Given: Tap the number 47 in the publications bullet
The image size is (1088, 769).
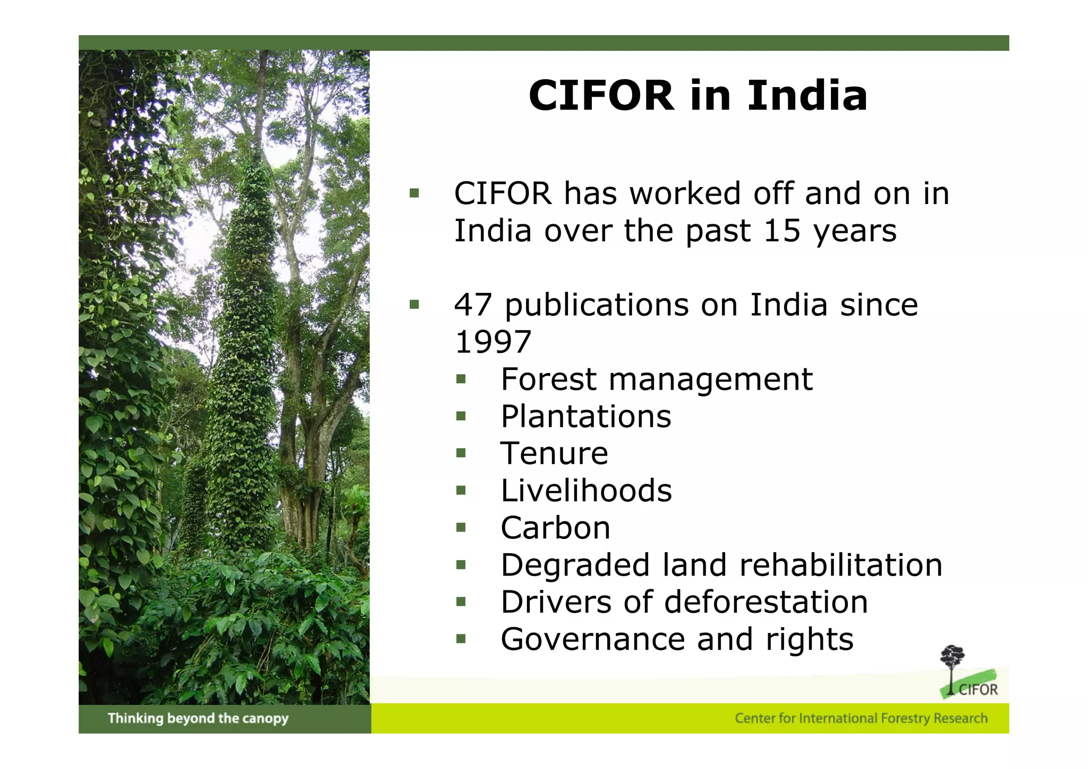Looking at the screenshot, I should (473, 305).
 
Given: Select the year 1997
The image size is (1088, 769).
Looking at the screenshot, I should (493, 342).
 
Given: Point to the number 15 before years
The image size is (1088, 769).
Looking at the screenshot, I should (781, 231).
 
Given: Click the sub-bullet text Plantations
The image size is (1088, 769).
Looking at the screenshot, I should (585, 416).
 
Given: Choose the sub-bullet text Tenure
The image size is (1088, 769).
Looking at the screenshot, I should (554, 453).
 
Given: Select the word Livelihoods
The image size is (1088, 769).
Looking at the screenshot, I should (586, 491).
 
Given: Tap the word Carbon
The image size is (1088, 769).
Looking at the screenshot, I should (555, 528).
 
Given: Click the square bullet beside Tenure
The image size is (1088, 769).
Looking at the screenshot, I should (461, 453).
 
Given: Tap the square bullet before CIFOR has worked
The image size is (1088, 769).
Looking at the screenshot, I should (414, 193).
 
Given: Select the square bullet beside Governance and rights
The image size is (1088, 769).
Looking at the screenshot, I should (461, 639).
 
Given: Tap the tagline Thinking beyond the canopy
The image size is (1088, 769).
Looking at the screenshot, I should (198, 719).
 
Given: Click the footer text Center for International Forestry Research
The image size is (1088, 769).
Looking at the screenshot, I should (861, 719).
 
